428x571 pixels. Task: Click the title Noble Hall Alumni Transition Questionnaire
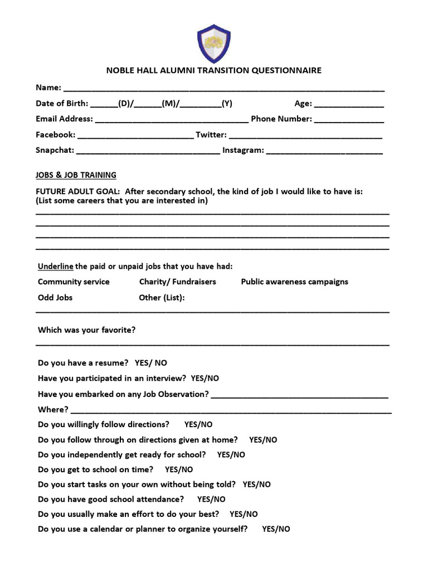214,71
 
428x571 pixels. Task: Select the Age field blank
349,105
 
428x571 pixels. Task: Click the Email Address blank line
172,120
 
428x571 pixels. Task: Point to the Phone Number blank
349,120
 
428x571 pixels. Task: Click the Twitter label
211,135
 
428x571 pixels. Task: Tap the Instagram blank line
324,152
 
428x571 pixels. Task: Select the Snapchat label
54,151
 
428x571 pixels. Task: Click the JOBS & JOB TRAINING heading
76,175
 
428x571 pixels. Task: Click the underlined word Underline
55,266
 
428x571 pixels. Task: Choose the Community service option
74,282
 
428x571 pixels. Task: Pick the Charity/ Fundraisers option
177,282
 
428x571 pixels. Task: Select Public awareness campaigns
294,282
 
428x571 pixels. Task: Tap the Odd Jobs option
55,298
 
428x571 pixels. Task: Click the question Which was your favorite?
86,330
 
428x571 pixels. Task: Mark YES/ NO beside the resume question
150,363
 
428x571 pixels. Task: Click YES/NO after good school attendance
211,500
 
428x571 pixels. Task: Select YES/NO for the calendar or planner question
276,530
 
